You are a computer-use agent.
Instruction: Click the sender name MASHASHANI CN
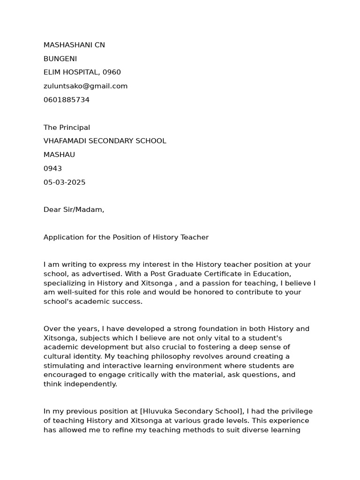[x=74, y=45]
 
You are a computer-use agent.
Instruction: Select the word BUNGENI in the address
[x=60, y=59]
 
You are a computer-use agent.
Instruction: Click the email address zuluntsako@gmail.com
[x=85, y=86]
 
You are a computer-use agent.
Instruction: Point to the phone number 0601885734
[x=67, y=100]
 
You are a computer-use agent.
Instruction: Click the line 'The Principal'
[x=67, y=127]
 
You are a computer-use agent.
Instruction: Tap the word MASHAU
[x=59, y=155]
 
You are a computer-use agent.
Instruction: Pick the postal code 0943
[x=52, y=168]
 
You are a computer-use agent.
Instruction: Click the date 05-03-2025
[x=64, y=182]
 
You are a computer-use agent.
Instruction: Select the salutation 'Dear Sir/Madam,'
[x=74, y=210]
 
